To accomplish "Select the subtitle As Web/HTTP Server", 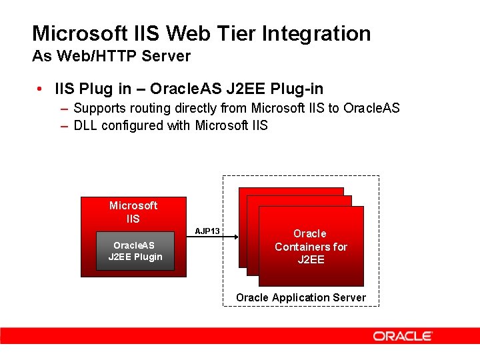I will (x=111, y=56).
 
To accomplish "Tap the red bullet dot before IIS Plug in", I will (x=41, y=89).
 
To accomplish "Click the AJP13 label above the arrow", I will (x=207, y=231).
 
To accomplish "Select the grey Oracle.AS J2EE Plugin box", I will (x=135, y=251).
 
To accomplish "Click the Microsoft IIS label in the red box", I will (x=133, y=211).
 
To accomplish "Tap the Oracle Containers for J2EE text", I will (x=311, y=247).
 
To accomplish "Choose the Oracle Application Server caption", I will (x=301, y=297).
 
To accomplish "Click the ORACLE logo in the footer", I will (x=403, y=336).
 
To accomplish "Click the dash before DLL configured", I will (x=63, y=125).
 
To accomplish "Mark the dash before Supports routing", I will (x=63, y=108).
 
